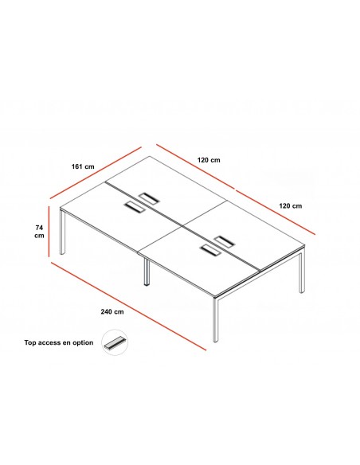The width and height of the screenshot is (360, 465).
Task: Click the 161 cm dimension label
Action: point(83,166)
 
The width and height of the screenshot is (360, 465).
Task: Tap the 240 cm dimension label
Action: point(112,311)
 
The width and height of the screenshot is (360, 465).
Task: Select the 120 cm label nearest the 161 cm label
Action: point(209,160)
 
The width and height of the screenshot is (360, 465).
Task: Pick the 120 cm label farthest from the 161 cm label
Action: point(291,205)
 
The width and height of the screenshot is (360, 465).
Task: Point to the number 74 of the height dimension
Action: point(39,228)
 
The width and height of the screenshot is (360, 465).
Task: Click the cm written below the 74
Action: point(39,236)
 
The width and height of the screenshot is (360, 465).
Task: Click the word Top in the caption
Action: point(30,343)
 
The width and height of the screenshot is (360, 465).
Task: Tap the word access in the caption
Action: point(49,343)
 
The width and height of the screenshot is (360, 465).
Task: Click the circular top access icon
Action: point(115,342)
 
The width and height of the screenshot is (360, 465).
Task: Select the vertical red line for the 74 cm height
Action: point(49,228)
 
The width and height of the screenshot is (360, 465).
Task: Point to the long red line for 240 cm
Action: point(128,306)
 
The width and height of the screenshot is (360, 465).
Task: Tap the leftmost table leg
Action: point(62,232)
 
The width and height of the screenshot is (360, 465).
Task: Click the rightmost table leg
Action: point(302,270)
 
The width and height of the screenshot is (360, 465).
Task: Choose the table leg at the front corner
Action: point(216,320)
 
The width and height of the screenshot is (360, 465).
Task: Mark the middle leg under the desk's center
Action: point(147,272)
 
